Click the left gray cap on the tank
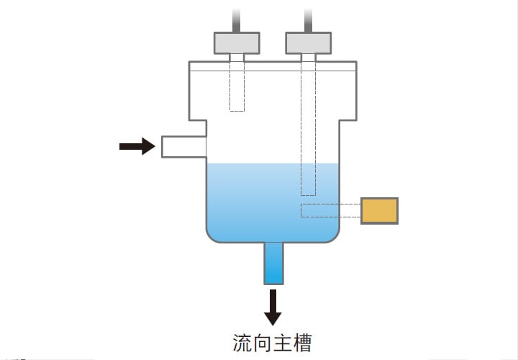point(237,42)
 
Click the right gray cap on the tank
point(309,42)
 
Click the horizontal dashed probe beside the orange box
point(330,210)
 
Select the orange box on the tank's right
point(379,210)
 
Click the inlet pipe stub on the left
point(183,147)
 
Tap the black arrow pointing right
point(137,147)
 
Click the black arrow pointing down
point(273,307)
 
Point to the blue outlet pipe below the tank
point(273,264)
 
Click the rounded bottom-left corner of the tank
point(212,236)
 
